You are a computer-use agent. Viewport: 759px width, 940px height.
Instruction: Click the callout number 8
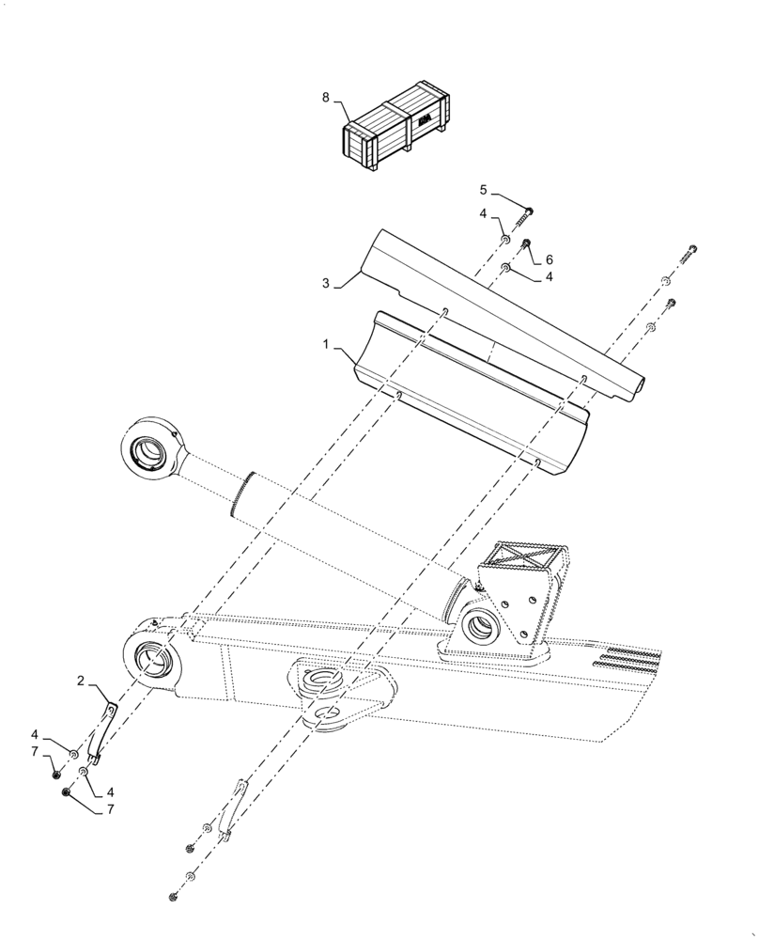point(326,97)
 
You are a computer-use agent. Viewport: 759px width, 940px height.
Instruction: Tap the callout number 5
point(484,189)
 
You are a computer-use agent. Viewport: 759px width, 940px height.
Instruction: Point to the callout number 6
point(549,258)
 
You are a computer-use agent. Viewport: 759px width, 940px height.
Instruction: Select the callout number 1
point(327,347)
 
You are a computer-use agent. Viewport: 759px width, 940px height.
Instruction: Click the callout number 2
point(81,680)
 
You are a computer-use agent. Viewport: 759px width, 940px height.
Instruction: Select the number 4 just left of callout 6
point(549,277)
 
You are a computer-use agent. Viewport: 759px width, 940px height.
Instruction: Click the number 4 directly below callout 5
point(484,214)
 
